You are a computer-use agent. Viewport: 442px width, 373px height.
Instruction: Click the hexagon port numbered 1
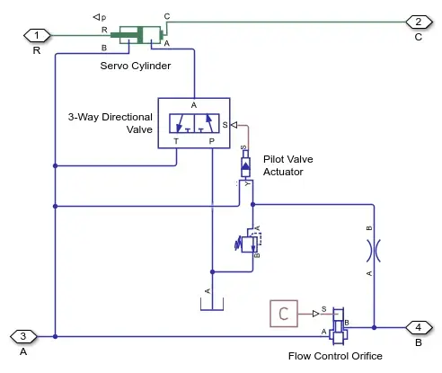pos(37,36)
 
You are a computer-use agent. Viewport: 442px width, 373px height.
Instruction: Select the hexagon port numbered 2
pos(419,22)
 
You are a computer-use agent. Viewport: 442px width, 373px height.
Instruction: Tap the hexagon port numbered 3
pos(23,336)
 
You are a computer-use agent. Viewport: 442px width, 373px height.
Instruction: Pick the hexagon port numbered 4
pos(419,327)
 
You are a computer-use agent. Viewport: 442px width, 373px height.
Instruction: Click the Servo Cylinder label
pos(136,66)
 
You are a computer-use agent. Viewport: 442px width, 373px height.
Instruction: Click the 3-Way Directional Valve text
pos(110,123)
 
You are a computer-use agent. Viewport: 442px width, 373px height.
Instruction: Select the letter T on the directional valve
pos(176,141)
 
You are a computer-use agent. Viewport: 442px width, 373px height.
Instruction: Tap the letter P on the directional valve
pos(212,141)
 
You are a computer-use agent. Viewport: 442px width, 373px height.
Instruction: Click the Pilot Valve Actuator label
pos(288,165)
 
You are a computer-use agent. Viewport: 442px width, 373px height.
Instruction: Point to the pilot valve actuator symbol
pos(245,165)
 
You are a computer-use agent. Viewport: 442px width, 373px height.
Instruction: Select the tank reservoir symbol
pos(212,304)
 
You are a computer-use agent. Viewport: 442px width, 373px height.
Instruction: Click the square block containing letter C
pos(284,314)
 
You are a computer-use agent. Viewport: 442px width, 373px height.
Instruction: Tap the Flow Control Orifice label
pos(335,356)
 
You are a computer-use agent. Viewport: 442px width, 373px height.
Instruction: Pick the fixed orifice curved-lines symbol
pos(374,251)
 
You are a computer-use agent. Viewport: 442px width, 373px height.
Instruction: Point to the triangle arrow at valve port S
pos(234,125)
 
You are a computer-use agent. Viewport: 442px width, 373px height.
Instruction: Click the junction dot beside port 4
pos(374,327)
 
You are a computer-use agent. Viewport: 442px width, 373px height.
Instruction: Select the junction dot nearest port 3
pos(55,336)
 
